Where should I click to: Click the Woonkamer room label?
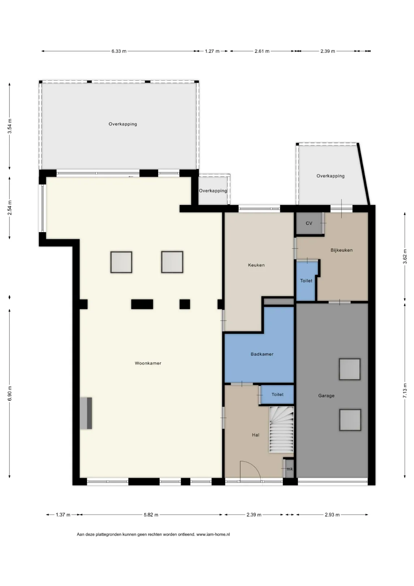[x=148, y=363]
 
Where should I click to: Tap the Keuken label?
[x=256, y=265]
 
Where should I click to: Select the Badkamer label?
[x=262, y=354]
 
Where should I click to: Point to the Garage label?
[x=326, y=396]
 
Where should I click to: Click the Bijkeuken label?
[x=342, y=250]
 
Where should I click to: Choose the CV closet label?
[x=309, y=223]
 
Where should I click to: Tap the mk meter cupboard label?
[x=290, y=469]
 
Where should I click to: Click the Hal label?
[x=256, y=435]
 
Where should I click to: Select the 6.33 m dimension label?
[x=119, y=51]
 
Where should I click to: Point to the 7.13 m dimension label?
[x=405, y=391]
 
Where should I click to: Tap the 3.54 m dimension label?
[x=9, y=126]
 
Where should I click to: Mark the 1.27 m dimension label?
[x=212, y=51]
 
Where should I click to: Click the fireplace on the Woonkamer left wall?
[x=86, y=413]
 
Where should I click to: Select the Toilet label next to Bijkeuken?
[x=306, y=281]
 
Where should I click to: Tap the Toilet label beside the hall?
[x=277, y=394]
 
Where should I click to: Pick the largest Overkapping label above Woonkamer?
[x=123, y=124]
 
